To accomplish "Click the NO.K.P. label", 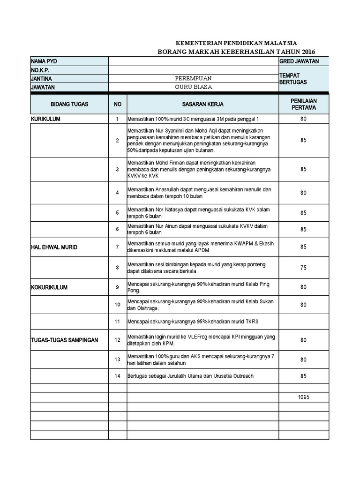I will (x=40, y=70).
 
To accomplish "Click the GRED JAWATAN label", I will (x=299, y=61).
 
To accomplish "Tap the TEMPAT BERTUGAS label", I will (x=293, y=78).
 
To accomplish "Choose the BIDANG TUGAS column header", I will (x=69, y=104).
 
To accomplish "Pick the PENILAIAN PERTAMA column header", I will (x=303, y=104).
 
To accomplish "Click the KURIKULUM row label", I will (x=45, y=119).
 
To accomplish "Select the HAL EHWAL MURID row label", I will (x=54, y=247).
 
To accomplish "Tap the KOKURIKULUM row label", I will (x=49, y=287).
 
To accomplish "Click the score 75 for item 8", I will (x=303, y=267).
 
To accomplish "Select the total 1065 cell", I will (x=303, y=397).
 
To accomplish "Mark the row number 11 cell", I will (x=118, y=322).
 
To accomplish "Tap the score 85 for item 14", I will (x=303, y=375).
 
